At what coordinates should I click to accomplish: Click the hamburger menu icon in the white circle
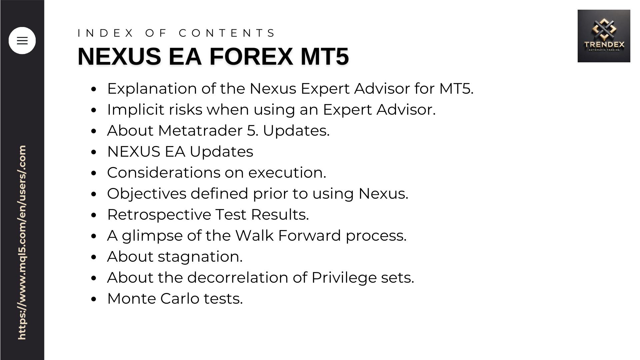tap(22, 41)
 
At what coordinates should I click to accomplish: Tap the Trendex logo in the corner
tap(604, 36)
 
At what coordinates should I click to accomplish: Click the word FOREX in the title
tap(251, 56)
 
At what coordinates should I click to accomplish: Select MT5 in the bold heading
tap(324, 56)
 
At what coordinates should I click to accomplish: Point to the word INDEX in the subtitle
tap(105, 33)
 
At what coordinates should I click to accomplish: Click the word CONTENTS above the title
tap(227, 33)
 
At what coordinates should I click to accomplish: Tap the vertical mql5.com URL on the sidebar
tap(22, 243)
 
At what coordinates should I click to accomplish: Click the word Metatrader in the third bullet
tap(200, 131)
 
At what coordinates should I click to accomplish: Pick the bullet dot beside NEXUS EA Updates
tap(94, 152)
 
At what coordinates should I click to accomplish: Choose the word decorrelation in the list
tap(238, 278)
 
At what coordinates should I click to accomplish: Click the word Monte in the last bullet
tap(132, 299)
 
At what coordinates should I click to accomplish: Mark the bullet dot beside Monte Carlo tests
tap(94, 299)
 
